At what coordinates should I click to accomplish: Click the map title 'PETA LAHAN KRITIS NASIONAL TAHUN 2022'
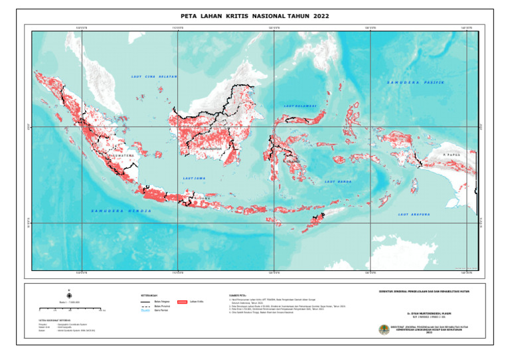(x=254, y=15)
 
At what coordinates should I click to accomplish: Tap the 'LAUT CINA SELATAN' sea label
(x=154, y=77)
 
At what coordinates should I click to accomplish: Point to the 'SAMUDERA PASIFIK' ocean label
(x=414, y=83)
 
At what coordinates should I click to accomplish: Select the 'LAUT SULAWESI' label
(x=300, y=106)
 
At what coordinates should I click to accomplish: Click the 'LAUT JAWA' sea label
(x=195, y=178)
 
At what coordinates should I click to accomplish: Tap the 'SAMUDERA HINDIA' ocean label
(x=121, y=211)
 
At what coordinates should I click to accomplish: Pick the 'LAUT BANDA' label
(x=338, y=181)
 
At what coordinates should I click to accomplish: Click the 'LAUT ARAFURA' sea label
(x=414, y=215)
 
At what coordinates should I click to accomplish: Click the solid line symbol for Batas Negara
(x=145, y=301)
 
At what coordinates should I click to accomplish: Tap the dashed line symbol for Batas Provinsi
(x=145, y=306)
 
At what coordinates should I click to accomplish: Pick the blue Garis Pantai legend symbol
(x=145, y=310)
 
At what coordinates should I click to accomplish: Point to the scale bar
(x=71, y=309)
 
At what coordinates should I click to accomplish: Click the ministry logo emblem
(x=383, y=329)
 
